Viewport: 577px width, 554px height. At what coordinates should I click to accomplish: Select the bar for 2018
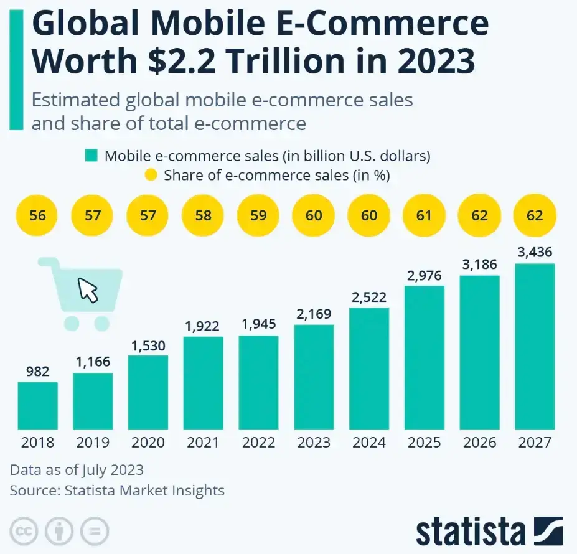pyautogui.click(x=37, y=405)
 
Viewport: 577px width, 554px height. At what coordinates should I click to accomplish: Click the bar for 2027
pyautogui.click(x=534, y=346)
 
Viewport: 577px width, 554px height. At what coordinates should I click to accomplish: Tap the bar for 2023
pyautogui.click(x=314, y=377)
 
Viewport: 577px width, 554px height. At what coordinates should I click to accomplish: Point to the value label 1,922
pyautogui.click(x=203, y=325)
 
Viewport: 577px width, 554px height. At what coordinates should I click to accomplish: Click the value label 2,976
pyautogui.click(x=424, y=275)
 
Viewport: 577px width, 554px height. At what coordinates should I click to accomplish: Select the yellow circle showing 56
pyautogui.click(x=37, y=216)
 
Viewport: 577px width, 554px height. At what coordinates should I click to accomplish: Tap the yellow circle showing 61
pyautogui.click(x=424, y=216)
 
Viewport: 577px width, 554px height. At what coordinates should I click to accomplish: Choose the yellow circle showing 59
pyautogui.click(x=258, y=216)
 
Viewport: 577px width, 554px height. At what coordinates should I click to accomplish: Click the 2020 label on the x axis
pyautogui.click(x=148, y=443)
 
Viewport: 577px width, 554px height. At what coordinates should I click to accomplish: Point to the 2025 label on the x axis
pyautogui.click(x=424, y=443)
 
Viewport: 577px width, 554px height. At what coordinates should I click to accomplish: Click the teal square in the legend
pyautogui.click(x=91, y=156)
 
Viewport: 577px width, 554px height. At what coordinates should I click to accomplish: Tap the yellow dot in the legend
pyautogui.click(x=151, y=175)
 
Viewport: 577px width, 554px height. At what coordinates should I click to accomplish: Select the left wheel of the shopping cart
pyautogui.click(x=72, y=322)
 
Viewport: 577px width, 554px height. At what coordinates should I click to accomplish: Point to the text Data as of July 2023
pyautogui.click(x=77, y=469)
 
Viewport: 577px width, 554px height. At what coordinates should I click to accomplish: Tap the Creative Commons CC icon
pyautogui.click(x=24, y=532)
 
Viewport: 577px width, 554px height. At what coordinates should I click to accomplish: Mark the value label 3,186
pyautogui.click(x=479, y=265)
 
